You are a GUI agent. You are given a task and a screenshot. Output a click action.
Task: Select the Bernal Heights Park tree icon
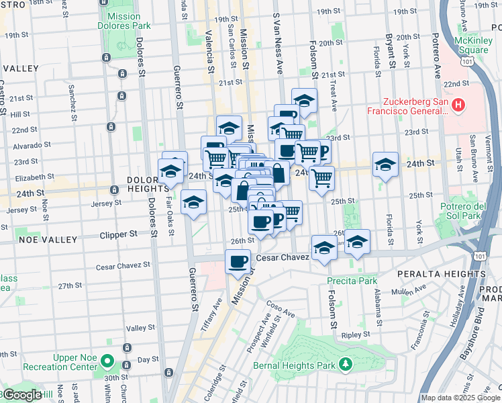tap(345, 363)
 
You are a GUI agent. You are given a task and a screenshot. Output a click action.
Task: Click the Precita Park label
tap(345, 281)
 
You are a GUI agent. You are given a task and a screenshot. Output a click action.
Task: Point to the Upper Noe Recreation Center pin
tap(107, 362)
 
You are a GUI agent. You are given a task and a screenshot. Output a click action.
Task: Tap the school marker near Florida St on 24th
tap(385, 165)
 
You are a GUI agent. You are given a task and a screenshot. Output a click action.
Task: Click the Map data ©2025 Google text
tap(460, 398)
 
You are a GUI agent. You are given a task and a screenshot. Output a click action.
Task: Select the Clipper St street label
tap(117, 235)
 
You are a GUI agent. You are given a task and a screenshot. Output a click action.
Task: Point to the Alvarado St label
tap(32, 144)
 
